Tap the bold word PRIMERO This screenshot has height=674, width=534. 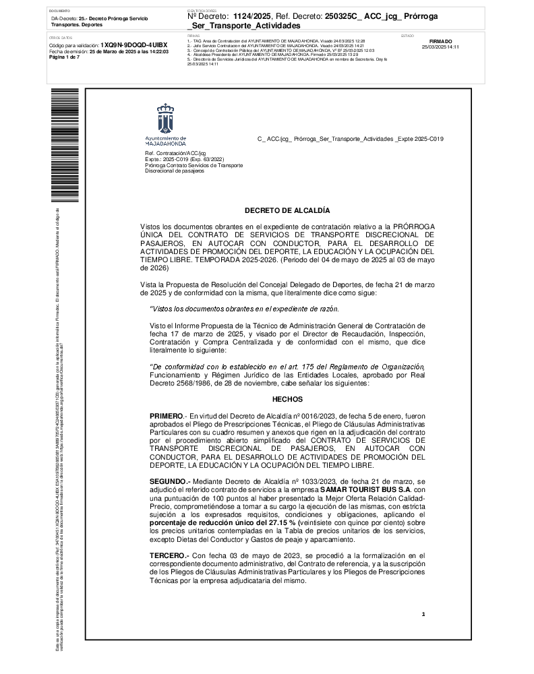(x=166, y=416)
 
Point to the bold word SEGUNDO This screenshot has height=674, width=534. (x=169, y=483)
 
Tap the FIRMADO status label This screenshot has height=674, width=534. (x=440, y=41)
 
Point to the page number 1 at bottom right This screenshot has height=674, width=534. (x=423, y=614)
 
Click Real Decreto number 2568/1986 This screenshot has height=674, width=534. (x=191, y=384)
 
